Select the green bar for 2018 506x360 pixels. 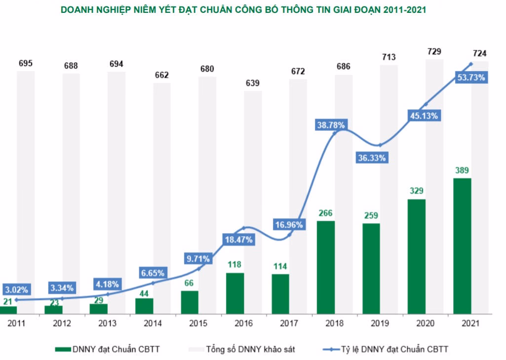pyautogui.click(x=326, y=267)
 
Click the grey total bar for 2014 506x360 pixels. pyautogui.click(x=162, y=188)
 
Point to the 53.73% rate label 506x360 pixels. pyautogui.click(x=471, y=78)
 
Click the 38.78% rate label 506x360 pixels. pyautogui.click(x=331, y=125)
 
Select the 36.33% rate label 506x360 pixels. pyautogui.click(x=372, y=158)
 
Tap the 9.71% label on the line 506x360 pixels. pyautogui.click(x=198, y=258)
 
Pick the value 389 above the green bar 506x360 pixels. pyautogui.click(x=462, y=170)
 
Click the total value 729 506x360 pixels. pyautogui.click(x=434, y=51)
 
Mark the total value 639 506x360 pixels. pyautogui.click(x=253, y=83)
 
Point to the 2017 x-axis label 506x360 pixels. pyautogui.click(x=289, y=323)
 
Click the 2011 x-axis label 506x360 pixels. pyautogui.click(x=16, y=323)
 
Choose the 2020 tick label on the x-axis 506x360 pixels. pyautogui.click(x=426, y=323)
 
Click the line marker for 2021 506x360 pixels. pyautogui.click(x=471, y=64)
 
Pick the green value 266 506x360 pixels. pyautogui.click(x=326, y=213)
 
